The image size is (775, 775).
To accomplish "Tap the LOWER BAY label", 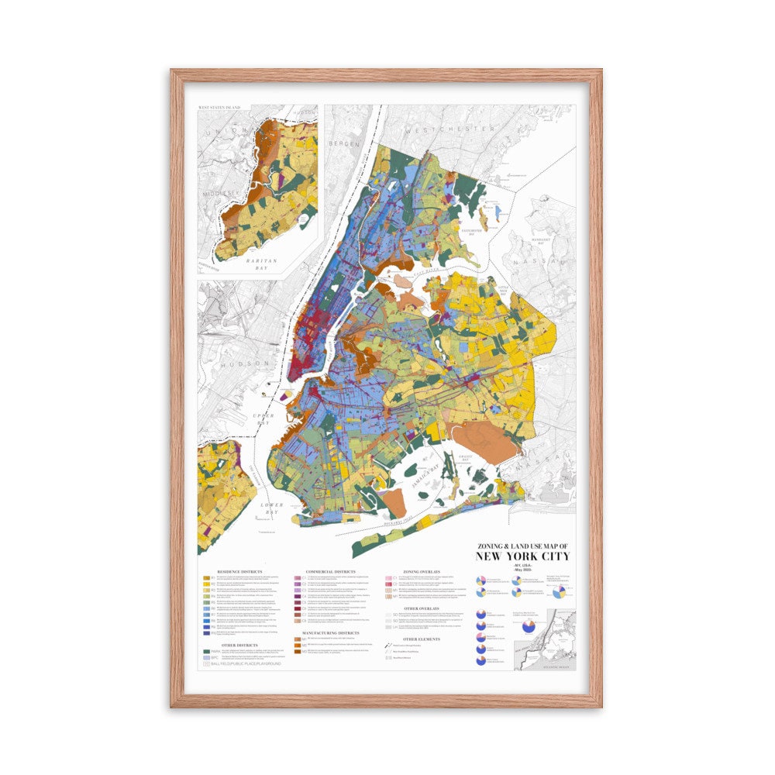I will [272, 508].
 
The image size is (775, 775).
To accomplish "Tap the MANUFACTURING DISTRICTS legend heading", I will [330, 633].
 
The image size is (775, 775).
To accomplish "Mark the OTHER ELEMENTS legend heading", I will [421, 639].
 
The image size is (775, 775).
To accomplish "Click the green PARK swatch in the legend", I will [208, 652].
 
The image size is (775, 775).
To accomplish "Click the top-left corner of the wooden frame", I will [174, 72].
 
